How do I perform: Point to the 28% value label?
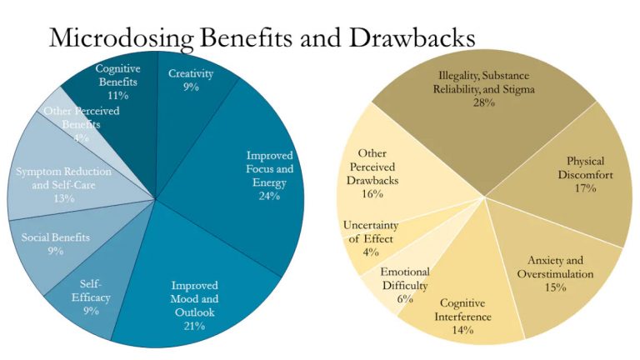[485, 102]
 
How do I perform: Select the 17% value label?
[584, 188]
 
